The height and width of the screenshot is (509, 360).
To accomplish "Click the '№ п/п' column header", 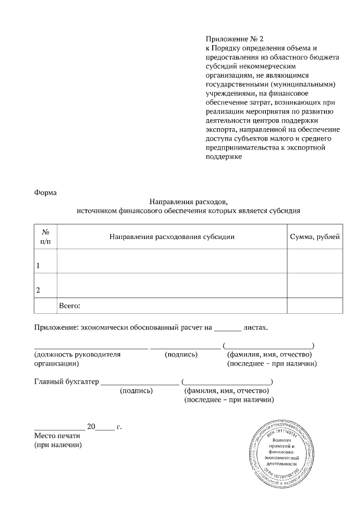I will click(46, 236).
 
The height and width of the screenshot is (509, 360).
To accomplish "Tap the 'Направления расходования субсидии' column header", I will click(172, 236).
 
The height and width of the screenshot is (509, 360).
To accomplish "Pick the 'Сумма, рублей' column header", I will click(314, 236).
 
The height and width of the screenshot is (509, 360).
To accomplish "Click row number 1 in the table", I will click(38, 265).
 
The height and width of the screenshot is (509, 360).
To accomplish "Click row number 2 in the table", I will click(38, 290).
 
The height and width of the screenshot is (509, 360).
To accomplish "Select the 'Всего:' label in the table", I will click(70, 306).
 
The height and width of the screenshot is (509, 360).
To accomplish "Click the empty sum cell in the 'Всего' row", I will click(314, 306).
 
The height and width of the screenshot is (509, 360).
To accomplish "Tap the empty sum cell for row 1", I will click(314, 261).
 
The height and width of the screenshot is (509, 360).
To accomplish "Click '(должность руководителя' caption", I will click(78, 355).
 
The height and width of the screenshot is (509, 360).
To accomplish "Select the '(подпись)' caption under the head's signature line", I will click(181, 355).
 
